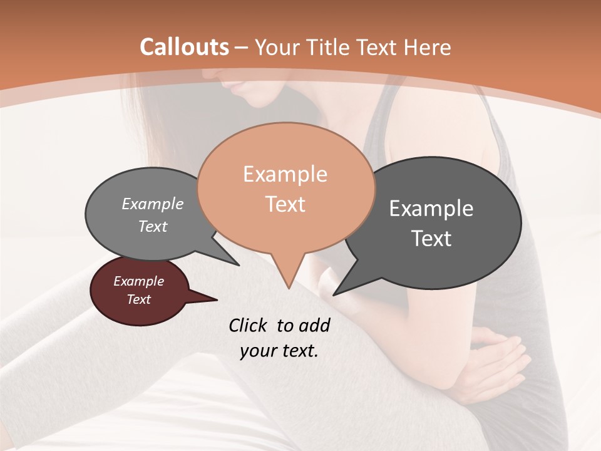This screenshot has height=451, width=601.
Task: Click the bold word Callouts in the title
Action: coord(184,47)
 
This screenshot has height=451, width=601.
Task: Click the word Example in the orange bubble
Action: coord(285,174)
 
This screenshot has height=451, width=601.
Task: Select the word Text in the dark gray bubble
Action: coord(431,239)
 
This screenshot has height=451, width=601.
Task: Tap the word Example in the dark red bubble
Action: coord(138,281)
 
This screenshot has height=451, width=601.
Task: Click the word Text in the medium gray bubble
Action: coord(153,227)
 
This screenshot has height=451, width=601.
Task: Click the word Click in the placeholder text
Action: coord(249,325)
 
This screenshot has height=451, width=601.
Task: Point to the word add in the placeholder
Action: coord(314,325)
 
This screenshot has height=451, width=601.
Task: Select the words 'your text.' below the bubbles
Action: coord(279,351)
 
